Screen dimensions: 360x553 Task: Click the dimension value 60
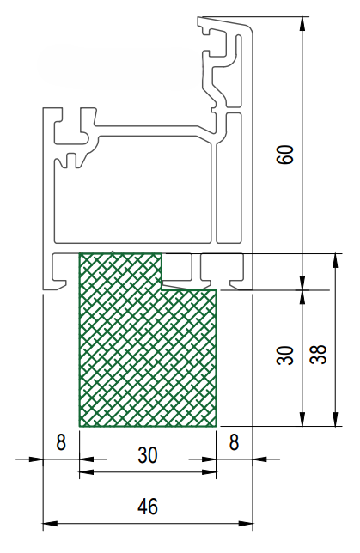point(285,154)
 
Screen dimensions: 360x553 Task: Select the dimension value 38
point(319,355)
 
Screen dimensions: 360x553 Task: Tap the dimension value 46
point(148,507)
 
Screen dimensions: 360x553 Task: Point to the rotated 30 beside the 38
point(285,355)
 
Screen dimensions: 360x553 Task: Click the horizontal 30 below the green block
point(148,455)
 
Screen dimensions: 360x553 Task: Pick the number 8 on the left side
point(61,442)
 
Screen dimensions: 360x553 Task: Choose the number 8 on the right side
point(234,442)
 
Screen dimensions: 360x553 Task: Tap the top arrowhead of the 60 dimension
point(302,23)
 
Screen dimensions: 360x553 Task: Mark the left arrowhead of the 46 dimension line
point(50,524)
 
